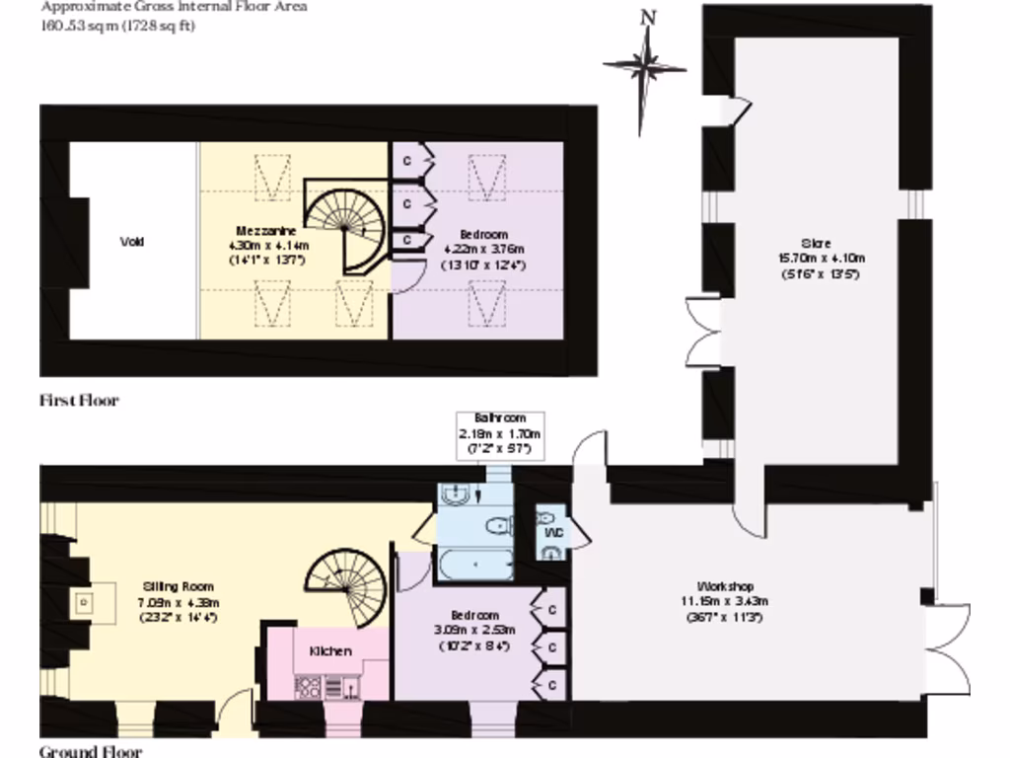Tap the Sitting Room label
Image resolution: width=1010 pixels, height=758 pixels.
178,586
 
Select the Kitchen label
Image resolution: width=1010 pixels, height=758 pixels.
330,651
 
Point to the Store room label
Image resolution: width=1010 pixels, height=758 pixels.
815,243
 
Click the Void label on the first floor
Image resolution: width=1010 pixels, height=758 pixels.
131,242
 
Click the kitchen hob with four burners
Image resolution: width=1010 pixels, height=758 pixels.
306,685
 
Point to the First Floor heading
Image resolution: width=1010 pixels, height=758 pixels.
79,401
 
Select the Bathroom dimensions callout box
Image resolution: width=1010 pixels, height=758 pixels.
500,433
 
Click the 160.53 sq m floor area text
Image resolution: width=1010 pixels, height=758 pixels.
117,26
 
